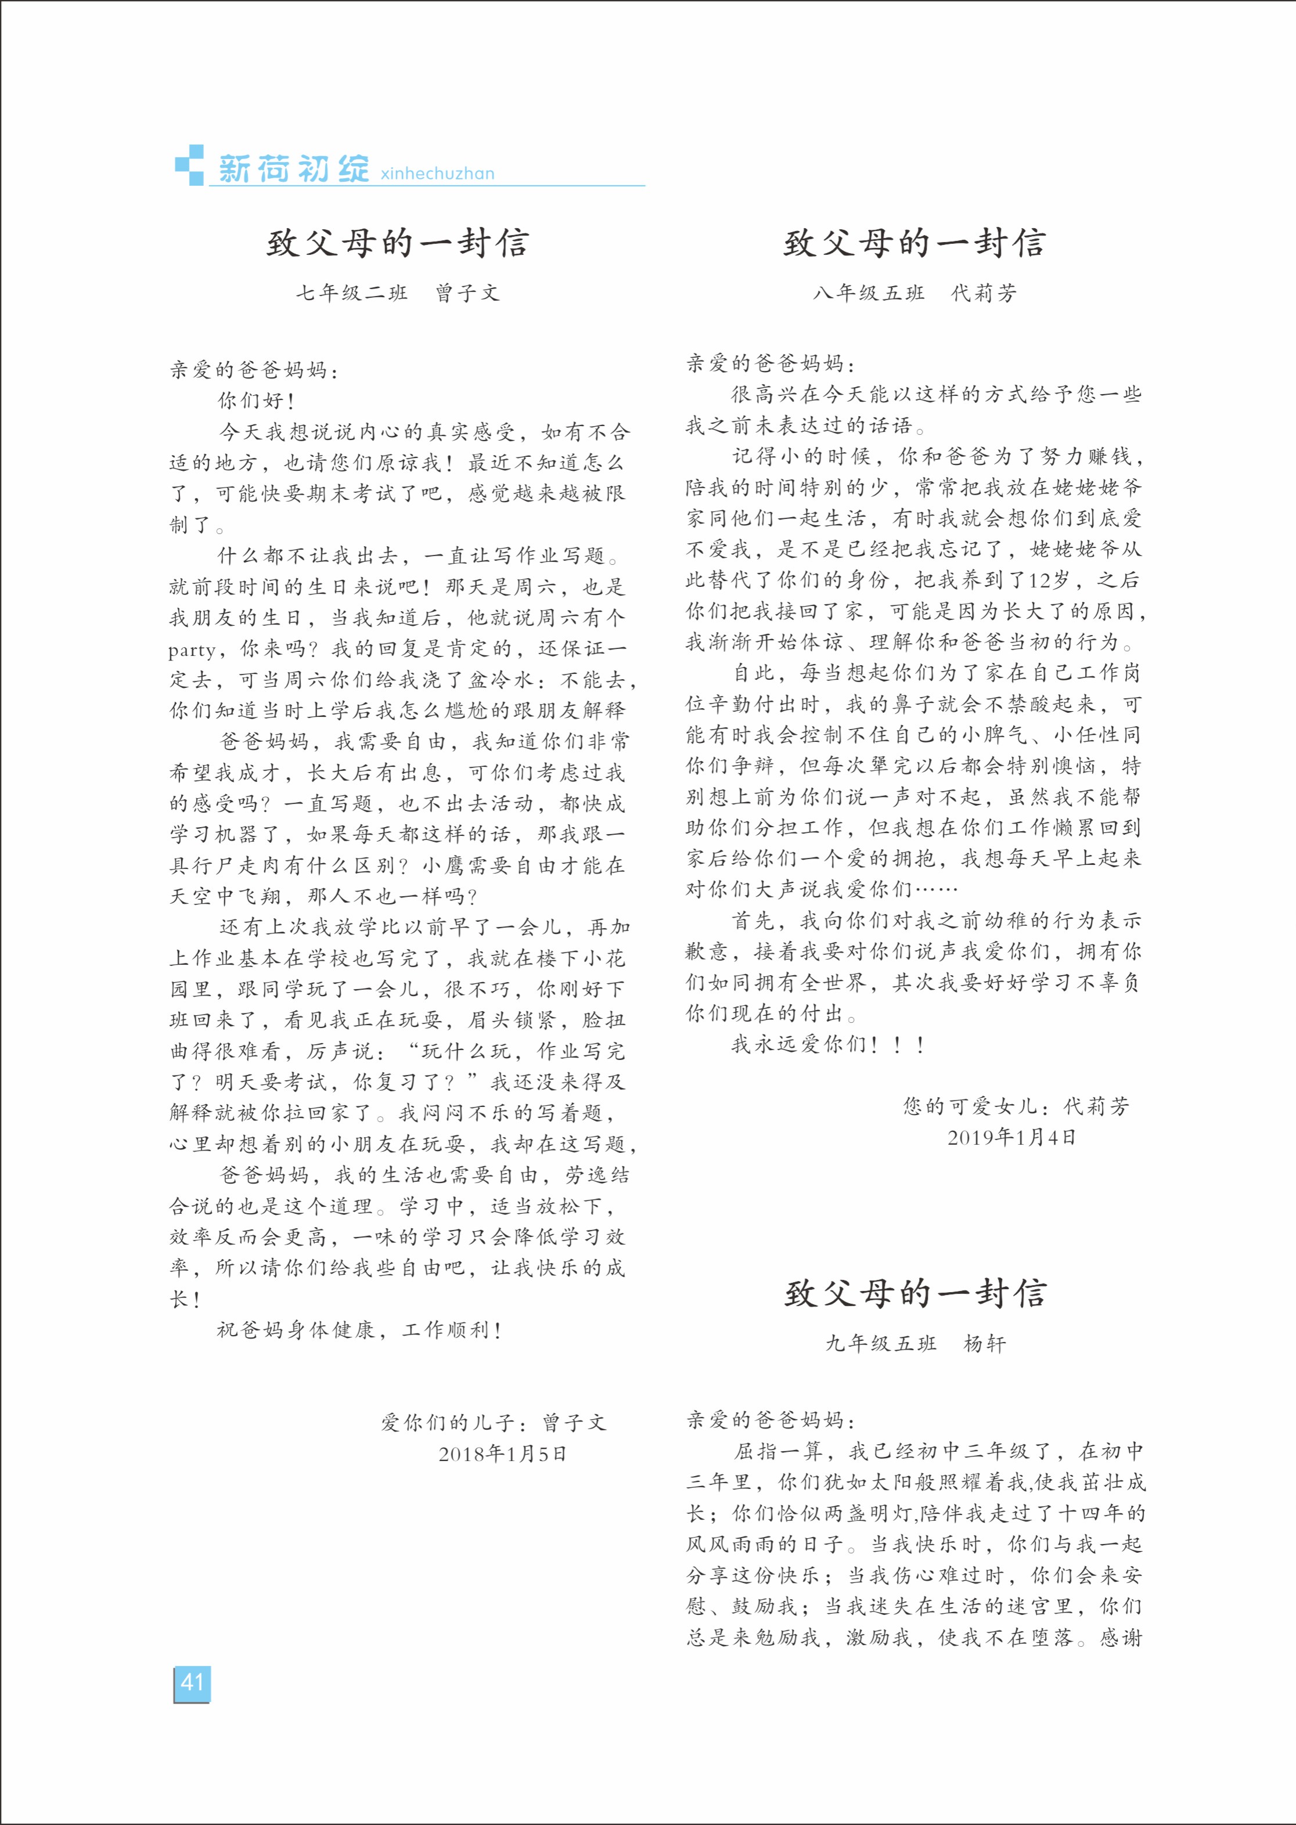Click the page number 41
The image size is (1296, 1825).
point(192,1683)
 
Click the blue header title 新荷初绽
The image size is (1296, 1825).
point(294,169)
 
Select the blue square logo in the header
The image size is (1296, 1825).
point(189,165)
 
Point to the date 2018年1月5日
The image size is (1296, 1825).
point(502,1453)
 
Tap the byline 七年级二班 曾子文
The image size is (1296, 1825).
point(397,293)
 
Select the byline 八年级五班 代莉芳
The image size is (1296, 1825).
point(915,293)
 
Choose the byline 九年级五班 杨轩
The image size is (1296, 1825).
point(915,1343)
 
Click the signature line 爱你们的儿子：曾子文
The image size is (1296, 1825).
point(493,1422)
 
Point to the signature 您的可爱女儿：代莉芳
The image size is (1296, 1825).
point(1016,1106)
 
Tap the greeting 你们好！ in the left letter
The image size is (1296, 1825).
point(257,401)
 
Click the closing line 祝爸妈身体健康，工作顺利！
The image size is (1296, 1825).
point(359,1330)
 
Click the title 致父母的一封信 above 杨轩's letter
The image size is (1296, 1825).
point(915,1294)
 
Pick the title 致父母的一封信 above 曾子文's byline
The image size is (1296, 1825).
point(397,243)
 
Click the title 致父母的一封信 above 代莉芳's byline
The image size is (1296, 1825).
point(915,243)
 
